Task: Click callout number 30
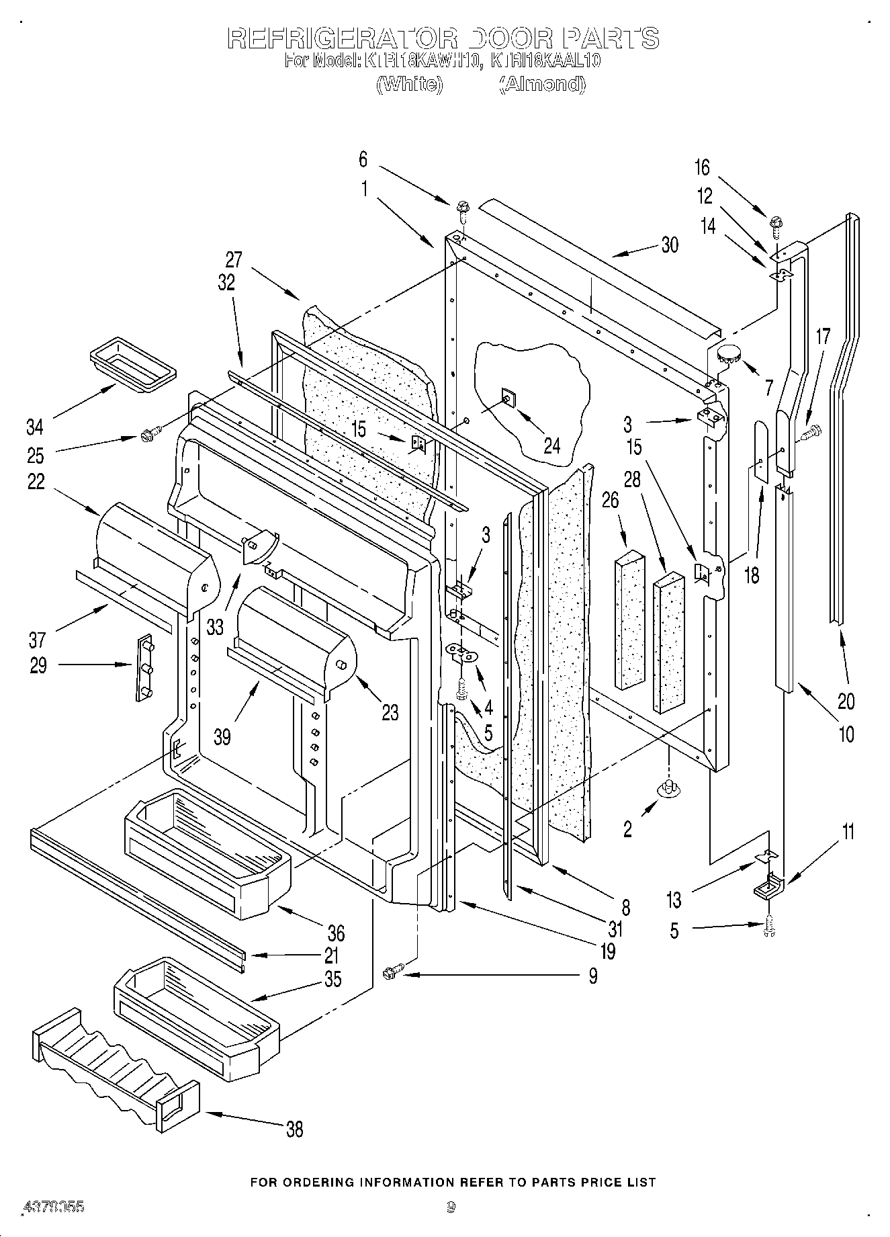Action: point(670,245)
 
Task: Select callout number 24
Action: point(551,445)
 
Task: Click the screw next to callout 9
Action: point(392,974)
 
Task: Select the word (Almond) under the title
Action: point(541,85)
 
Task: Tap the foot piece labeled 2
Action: point(668,788)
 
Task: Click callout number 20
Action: point(846,701)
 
